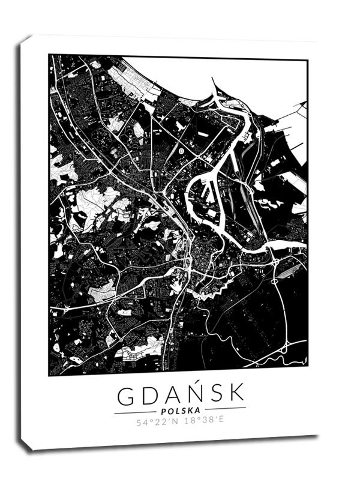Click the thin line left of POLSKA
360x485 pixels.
pos(134,413)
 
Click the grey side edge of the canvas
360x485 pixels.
pos(24,240)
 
